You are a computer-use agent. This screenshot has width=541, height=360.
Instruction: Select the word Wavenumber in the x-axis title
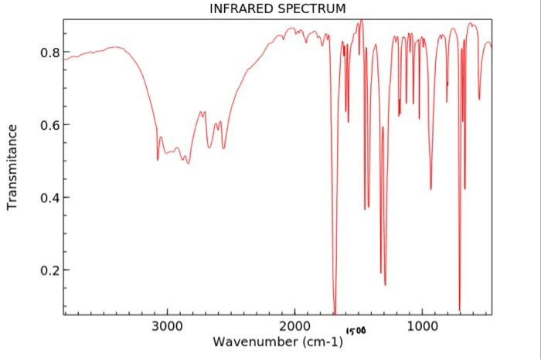point(259,341)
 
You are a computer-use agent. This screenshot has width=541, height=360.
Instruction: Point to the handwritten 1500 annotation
point(356,331)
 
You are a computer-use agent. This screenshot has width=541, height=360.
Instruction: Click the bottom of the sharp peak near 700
point(460,309)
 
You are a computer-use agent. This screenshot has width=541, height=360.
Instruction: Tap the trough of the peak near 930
point(431,188)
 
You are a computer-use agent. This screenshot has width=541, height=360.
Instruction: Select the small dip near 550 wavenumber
point(479,99)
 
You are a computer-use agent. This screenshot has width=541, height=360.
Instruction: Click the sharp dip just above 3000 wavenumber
point(158,159)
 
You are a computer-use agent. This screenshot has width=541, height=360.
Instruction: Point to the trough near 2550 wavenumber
point(223,148)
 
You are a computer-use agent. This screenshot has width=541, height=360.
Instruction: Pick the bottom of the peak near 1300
point(385,284)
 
